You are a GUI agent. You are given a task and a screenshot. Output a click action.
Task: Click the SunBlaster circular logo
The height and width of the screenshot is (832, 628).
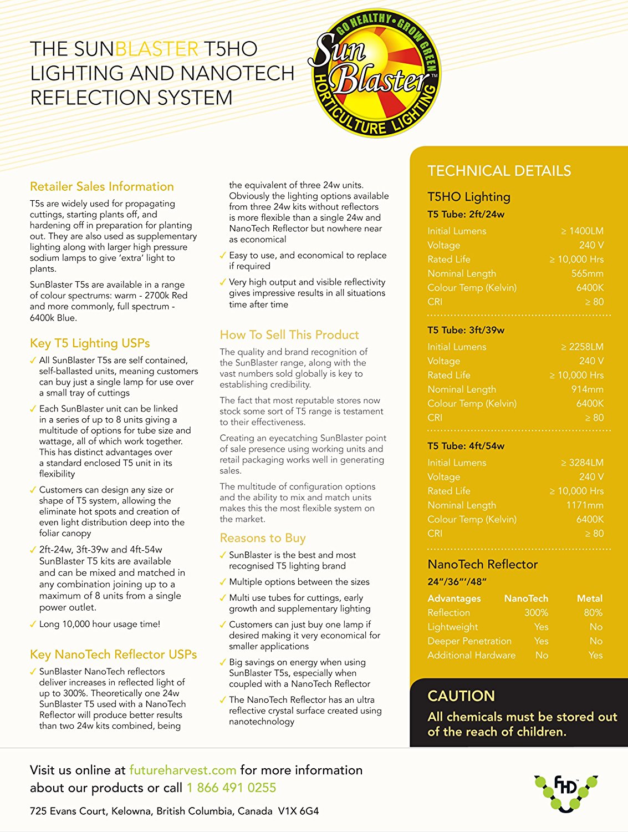point(375,73)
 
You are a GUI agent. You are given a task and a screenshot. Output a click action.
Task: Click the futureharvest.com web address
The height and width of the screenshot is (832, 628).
point(182,770)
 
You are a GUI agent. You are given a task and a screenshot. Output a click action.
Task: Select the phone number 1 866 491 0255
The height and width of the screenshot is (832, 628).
point(231,788)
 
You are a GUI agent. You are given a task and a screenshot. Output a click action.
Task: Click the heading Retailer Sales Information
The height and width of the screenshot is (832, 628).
point(102,186)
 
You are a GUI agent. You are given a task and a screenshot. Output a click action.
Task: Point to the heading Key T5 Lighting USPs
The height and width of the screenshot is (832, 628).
point(90,343)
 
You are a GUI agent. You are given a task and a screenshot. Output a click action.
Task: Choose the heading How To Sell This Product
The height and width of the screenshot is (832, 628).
point(289,334)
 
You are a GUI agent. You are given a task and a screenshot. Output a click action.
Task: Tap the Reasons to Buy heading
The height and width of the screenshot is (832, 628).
point(263,538)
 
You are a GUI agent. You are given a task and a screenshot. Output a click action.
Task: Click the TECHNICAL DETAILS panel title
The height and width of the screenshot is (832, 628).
point(499,171)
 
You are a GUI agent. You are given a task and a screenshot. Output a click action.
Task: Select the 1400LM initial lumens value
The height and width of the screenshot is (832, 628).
point(583,231)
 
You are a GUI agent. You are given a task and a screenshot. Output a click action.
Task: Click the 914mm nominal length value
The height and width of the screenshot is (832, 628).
point(588,389)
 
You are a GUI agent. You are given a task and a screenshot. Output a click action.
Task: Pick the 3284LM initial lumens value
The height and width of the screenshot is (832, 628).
point(583,463)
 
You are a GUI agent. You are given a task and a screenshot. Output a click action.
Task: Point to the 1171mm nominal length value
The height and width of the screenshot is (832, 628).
point(585,505)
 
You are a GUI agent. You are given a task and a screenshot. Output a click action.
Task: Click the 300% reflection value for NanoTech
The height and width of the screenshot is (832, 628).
point(536,612)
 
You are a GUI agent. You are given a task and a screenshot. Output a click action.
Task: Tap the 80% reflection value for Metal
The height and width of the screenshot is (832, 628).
point(593,612)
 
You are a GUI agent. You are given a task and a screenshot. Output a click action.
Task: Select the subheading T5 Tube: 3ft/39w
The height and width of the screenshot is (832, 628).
point(466,330)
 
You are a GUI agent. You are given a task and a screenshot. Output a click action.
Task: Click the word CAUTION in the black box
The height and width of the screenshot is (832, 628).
point(461,696)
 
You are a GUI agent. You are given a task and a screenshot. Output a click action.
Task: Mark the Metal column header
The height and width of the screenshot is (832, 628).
point(589,598)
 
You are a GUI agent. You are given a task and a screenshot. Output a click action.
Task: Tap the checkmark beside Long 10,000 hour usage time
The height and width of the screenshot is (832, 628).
point(33,625)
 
